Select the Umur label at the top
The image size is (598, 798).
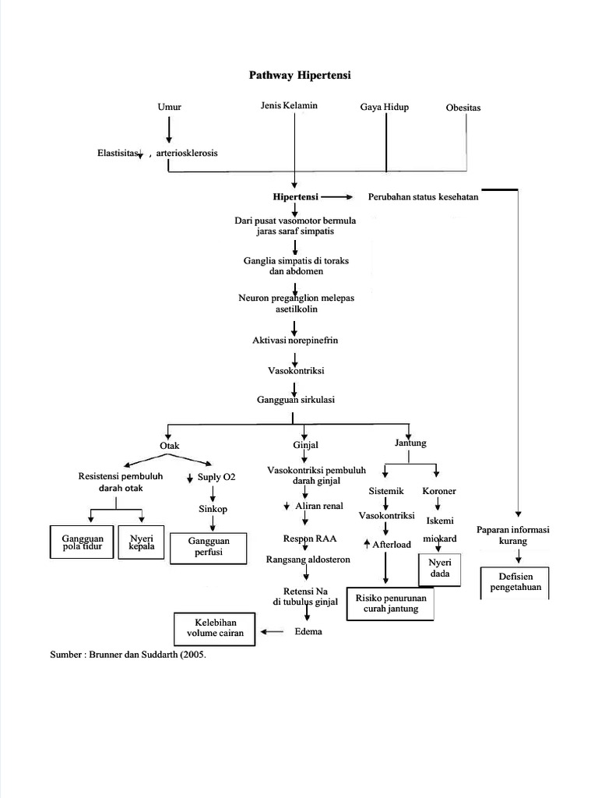click(x=169, y=107)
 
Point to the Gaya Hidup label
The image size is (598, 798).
click(x=384, y=107)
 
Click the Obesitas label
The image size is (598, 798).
click(x=463, y=108)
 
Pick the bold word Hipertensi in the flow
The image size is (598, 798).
click(x=295, y=197)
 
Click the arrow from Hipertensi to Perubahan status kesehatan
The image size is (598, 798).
click(x=336, y=197)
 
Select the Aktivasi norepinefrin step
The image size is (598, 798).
click(x=295, y=341)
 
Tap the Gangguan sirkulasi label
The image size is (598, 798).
click(x=295, y=399)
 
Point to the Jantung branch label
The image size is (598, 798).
click(x=410, y=443)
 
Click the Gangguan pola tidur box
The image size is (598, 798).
click(x=82, y=542)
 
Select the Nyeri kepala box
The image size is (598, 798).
click(x=142, y=542)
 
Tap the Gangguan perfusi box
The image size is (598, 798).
click(x=208, y=546)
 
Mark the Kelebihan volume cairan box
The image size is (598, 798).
click(x=215, y=627)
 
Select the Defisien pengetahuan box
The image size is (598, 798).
click(x=515, y=581)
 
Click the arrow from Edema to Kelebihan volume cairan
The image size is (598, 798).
click(x=272, y=632)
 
